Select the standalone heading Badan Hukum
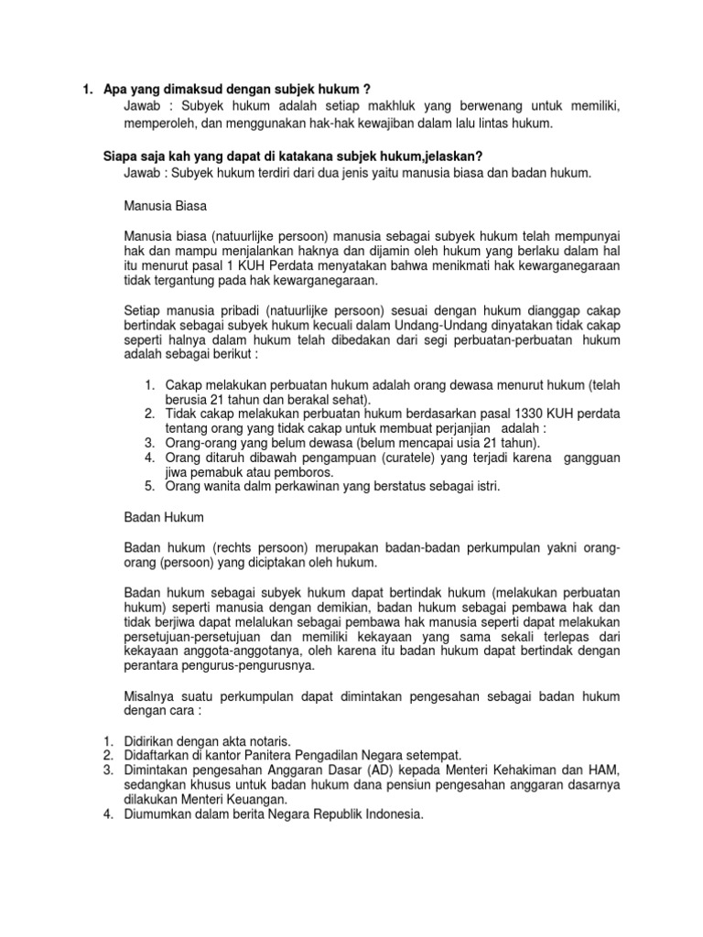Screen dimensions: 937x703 click(x=161, y=518)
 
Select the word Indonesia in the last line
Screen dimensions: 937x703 click(x=393, y=814)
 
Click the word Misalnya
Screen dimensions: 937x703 click(x=152, y=696)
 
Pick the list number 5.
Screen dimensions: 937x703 click(x=148, y=486)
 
